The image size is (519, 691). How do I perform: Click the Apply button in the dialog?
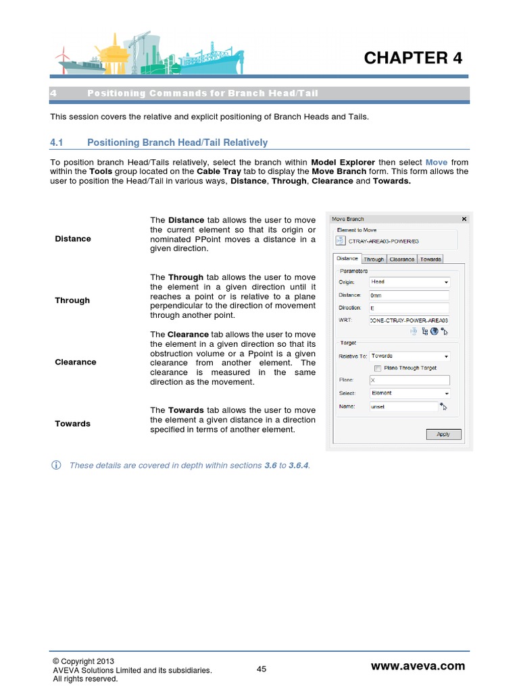pyautogui.click(x=443, y=434)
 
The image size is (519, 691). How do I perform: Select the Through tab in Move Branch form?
pyautogui.click(x=373, y=259)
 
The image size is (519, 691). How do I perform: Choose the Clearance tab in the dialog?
pyautogui.click(x=401, y=259)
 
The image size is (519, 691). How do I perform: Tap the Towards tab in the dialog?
pyautogui.click(x=430, y=259)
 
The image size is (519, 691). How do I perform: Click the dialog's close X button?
pyautogui.click(x=464, y=219)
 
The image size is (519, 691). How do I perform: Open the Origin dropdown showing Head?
pyautogui.click(x=409, y=282)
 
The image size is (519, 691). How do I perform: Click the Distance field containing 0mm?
pyautogui.click(x=409, y=295)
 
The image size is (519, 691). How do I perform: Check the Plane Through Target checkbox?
pyautogui.click(x=378, y=368)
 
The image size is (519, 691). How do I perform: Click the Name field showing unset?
pyautogui.click(x=403, y=407)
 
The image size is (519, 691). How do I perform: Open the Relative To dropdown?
pyautogui.click(x=409, y=356)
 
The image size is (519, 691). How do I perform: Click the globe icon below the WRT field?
pyautogui.click(x=435, y=331)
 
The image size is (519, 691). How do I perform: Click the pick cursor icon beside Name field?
pyautogui.click(x=443, y=406)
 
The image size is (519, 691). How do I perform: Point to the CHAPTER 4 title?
pyautogui.click(x=413, y=58)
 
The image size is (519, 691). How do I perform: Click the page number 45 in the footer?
pyautogui.click(x=262, y=669)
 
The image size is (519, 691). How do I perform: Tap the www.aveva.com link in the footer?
pyautogui.click(x=418, y=666)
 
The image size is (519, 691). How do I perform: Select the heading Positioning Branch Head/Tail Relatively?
pyautogui.click(x=177, y=142)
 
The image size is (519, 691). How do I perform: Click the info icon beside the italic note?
pyautogui.click(x=57, y=466)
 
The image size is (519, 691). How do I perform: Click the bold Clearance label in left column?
pyautogui.click(x=75, y=362)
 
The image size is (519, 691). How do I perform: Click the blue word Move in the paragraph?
pyautogui.click(x=437, y=163)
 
